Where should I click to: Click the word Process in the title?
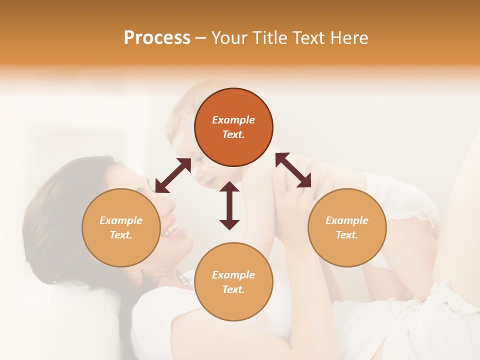pos(157,38)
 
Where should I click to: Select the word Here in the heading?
pos(349,38)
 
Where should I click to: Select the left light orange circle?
pos(121,227)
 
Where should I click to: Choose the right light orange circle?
pos(347,227)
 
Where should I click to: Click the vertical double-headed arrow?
pos(229,205)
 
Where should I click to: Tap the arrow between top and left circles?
pos(173,175)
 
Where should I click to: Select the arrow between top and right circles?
pos(293,170)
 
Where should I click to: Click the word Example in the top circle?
pos(233,120)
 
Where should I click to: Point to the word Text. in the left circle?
pos(121,235)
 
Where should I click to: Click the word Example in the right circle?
pos(347,220)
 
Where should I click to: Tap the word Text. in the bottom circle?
pos(233,289)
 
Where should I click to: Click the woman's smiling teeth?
pos(171,230)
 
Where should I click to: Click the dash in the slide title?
pos(200,38)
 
